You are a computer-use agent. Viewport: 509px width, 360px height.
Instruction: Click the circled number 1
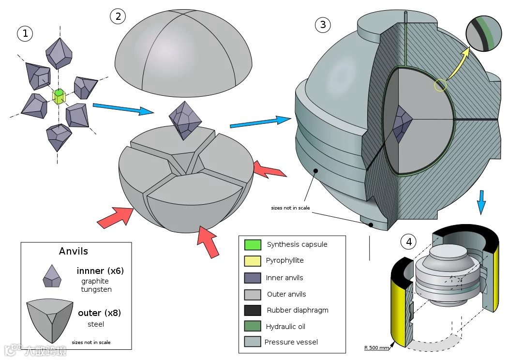pos(25,33)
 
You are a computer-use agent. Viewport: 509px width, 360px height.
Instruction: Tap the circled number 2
pos(118,16)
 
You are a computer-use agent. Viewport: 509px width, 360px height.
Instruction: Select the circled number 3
pos(323,24)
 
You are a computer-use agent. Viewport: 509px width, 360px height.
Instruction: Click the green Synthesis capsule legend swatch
pos(253,244)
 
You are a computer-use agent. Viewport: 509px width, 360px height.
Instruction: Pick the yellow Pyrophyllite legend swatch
pos(253,261)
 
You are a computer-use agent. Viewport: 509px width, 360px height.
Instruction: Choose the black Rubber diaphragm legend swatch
pos(253,310)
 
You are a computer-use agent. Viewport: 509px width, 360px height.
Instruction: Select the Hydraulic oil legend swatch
pos(253,327)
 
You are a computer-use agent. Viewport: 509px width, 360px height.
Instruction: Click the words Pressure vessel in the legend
pos(291,342)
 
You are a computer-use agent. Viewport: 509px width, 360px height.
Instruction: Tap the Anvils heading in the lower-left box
pos(74,251)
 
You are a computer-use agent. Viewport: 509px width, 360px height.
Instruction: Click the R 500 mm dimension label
pos(377,347)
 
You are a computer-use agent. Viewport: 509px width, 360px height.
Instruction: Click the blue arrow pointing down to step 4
pos(481,202)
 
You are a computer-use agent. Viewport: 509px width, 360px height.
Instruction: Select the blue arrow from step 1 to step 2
pos(123,109)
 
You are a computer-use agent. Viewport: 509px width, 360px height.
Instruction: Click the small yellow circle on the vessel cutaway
pos(440,86)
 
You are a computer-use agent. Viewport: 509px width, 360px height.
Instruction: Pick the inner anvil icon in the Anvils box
pos(51,276)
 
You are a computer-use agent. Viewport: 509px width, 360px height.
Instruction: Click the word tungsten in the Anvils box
pos(96,289)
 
